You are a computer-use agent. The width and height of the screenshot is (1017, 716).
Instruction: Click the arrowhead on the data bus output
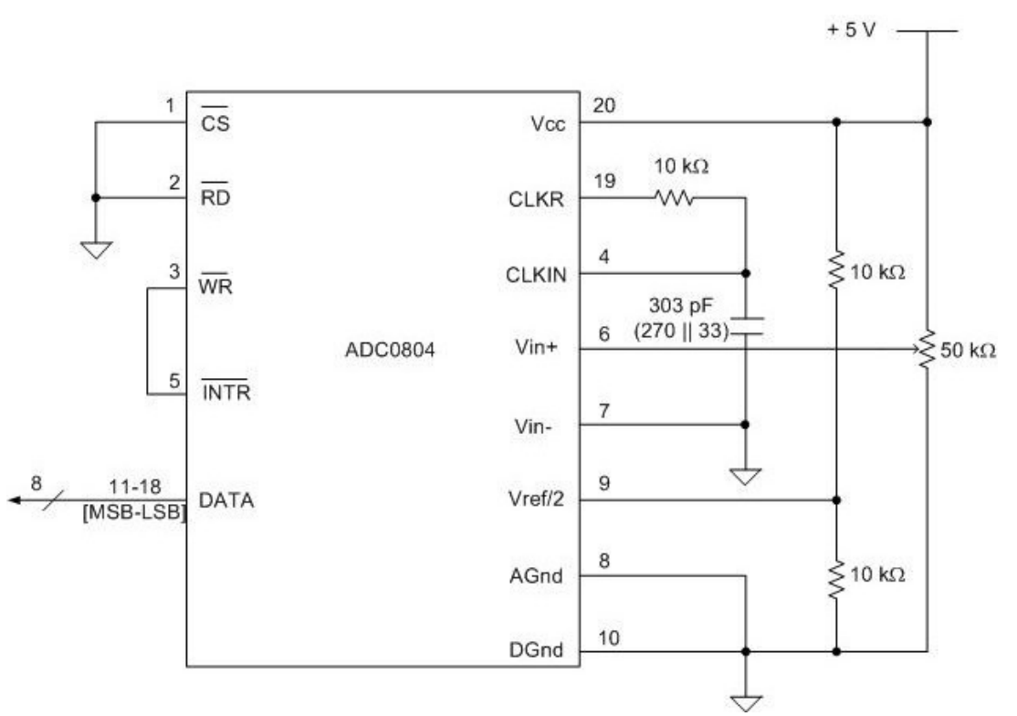pos(13,500)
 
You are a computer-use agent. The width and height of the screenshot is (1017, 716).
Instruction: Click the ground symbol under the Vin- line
pos(746,475)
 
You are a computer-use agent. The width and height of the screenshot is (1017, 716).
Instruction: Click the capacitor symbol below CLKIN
pos(746,327)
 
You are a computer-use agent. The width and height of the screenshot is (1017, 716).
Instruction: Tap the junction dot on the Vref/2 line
pos(836,500)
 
